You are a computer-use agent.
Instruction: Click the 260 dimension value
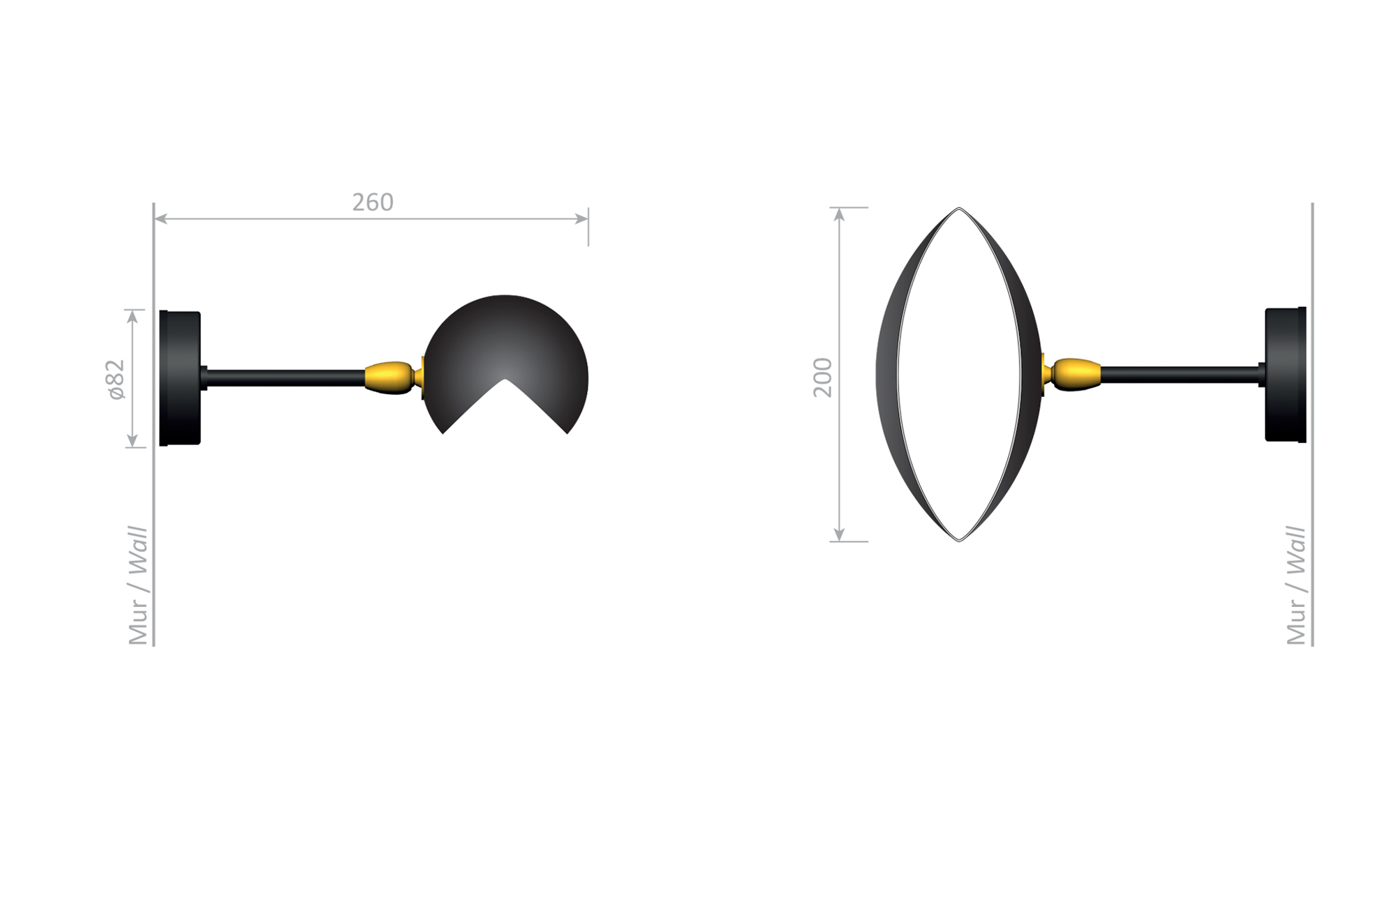(x=373, y=202)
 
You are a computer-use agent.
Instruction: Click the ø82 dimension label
(x=116, y=380)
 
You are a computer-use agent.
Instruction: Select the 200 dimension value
(x=824, y=377)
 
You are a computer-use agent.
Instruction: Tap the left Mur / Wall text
(x=138, y=585)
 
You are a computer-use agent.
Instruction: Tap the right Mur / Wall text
(x=1296, y=585)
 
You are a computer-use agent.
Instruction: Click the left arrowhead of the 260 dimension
(x=160, y=219)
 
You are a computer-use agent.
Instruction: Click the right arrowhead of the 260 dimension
(x=581, y=219)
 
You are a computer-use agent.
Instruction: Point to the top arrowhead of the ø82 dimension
(x=133, y=316)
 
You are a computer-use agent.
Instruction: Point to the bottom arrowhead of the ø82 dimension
(x=133, y=440)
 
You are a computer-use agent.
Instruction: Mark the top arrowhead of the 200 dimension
(x=840, y=214)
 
